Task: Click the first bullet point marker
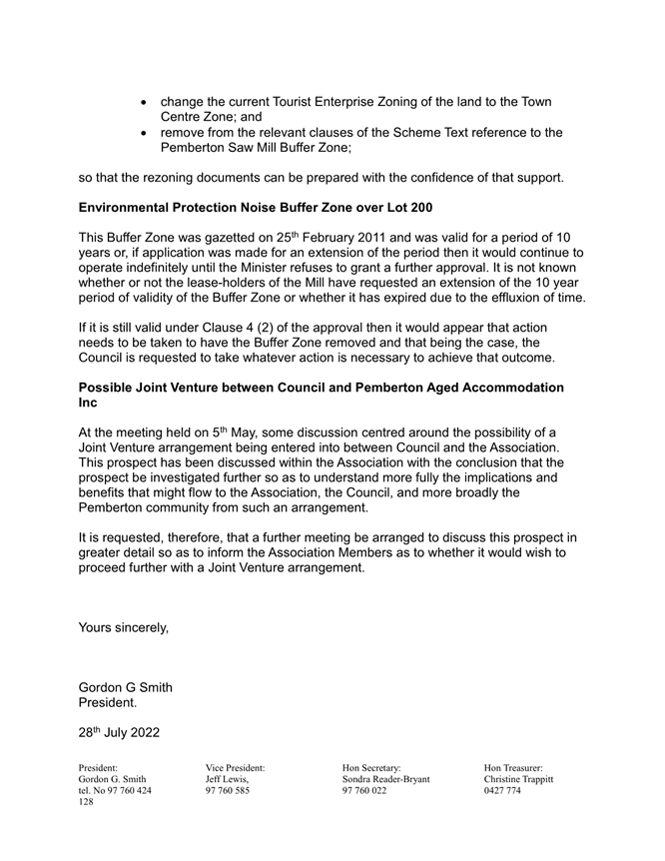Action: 147,103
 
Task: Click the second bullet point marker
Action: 147,133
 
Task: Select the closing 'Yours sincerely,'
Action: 124,628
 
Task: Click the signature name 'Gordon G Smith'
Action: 125,687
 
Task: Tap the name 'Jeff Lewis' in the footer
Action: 227,779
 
